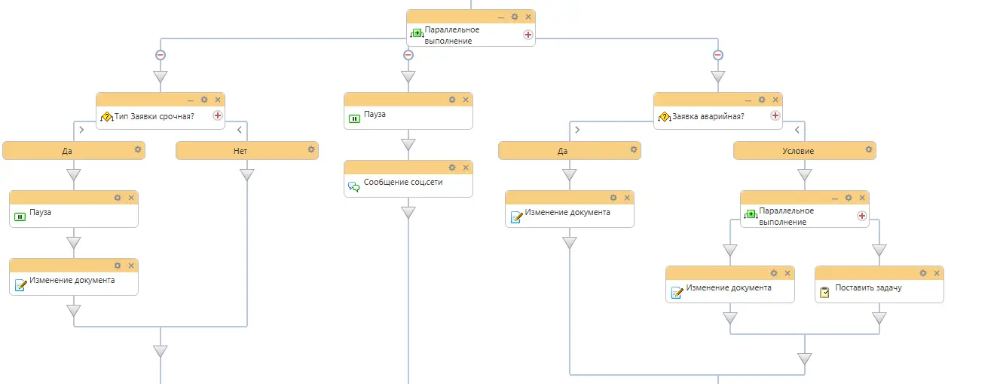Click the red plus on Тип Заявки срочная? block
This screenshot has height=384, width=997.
(x=218, y=116)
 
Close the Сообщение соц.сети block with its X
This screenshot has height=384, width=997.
(x=466, y=167)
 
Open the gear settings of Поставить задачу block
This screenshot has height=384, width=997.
(x=923, y=273)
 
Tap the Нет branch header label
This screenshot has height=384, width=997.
(x=240, y=151)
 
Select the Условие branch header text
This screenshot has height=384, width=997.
(x=798, y=151)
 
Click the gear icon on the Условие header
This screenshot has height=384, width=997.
(x=869, y=149)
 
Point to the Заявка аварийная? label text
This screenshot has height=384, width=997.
(x=708, y=116)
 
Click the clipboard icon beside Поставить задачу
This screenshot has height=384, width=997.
(x=824, y=292)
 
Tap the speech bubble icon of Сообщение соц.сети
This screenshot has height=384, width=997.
(x=354, y=186)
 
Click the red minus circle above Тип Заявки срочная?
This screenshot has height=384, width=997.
(x=161, y=55)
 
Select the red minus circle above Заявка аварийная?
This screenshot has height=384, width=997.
(x=718, y=55)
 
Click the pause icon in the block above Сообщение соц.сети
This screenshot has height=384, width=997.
(x=354, y=118)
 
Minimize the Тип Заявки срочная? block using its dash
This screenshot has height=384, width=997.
(x=191, y=100)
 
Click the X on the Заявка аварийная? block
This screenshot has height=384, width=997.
(x=775, y=100)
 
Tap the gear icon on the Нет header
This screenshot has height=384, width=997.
(x=311, y=149)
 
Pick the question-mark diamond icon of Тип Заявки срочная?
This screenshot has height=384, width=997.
(x=106, y=117)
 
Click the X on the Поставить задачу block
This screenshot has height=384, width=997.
(x=937, y=273)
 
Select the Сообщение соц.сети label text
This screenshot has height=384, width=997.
(x=403, y=182)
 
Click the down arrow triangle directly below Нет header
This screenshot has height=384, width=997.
(x=247, y=174)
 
